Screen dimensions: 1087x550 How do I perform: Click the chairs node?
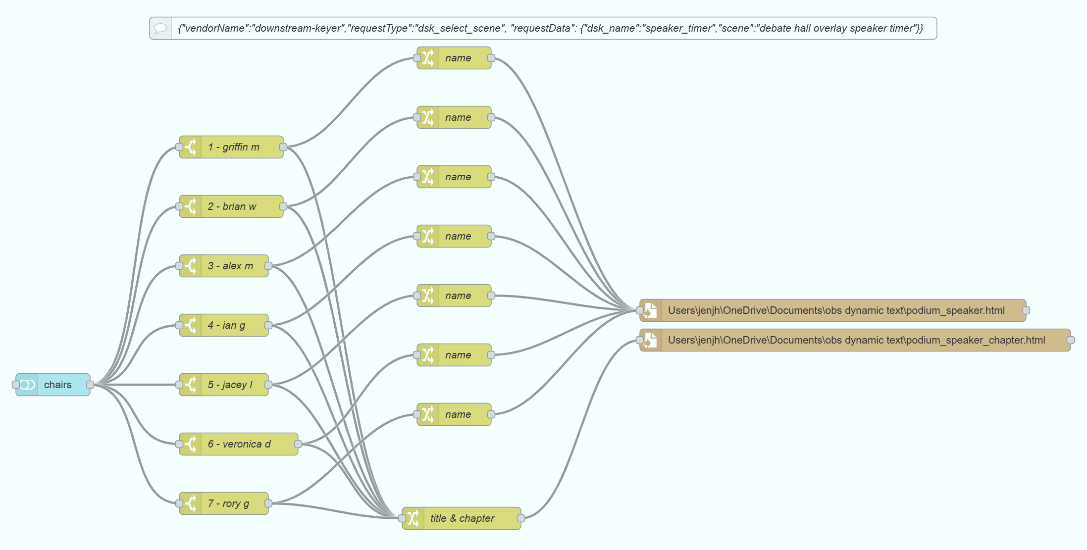pos(53,385)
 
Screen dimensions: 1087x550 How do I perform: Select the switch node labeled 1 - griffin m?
pos(231,147)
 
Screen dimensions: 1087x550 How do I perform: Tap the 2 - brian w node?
pos(231,206)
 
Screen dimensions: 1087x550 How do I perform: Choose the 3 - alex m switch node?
pos(224,266)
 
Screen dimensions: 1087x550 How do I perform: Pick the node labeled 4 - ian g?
pos(224,325)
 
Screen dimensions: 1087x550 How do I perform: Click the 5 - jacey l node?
pos(224,385)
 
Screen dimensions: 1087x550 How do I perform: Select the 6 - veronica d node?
pos(239,444)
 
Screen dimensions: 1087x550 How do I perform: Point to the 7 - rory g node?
pos(224,503)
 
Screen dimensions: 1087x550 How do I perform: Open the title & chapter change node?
pos(462,518)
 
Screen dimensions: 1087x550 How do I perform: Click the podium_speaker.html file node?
pos(833,310)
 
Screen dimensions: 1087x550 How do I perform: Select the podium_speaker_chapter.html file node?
pos(855,340)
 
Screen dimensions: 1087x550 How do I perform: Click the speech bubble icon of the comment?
pos(160,28)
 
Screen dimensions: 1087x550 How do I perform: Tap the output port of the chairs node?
pos(90,385)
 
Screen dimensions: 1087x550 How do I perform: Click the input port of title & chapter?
pos(402,518)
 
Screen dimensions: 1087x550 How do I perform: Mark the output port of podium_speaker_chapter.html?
pos(1071,340)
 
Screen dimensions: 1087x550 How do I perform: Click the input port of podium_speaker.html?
pos(640,310)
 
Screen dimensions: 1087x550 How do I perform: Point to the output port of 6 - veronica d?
pos(298,444)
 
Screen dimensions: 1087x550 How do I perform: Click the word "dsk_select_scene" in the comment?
pos(459,28)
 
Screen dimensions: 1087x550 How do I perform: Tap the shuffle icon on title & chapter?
pos(413,518)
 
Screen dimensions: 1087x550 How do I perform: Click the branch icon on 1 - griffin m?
pos(191,147)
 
